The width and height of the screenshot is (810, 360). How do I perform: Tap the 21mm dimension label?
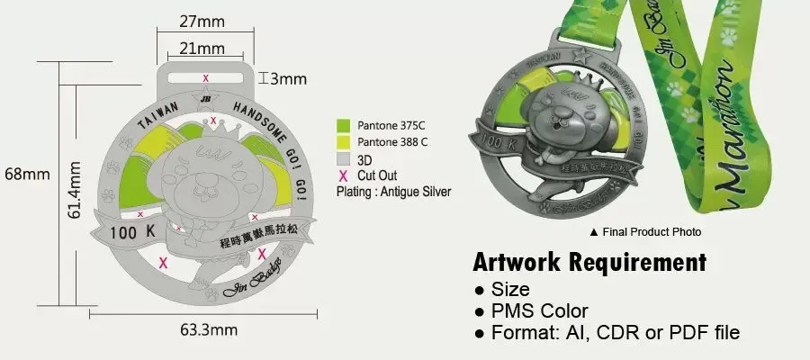pyautogui.click(x=203, y=48)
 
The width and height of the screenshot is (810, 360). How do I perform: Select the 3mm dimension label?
pyautogui.click(x=288, y=78)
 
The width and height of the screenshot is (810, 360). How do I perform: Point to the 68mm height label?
pyautogui.click(x=25, y=174)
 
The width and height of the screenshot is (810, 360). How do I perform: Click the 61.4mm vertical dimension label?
pyautogui.click(x=76, y=190)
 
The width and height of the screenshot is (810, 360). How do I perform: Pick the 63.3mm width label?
pyautogui.click(x=209, y=329)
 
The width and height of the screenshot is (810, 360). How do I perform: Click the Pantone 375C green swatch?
pyautogui.click(x=342, y=125)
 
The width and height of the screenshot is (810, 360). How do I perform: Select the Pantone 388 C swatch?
pyautogui.click(x=342, y=142)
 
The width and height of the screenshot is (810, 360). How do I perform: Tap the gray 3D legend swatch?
pyautogui.click(x=342, y=158)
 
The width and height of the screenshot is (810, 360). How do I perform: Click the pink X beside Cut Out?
pyautogui.click(x=342, y=175)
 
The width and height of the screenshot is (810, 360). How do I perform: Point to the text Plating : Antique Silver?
pyautogui.click(x=393, y=192)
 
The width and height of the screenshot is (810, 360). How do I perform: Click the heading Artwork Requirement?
pyautogui.click(x=589, y=263)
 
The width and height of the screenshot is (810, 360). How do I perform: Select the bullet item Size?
pyautogui.click(x=510, y=290)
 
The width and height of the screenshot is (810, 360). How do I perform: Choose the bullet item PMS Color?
pyautogui.click(x=539, y=311)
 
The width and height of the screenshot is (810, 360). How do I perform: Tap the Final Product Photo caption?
pyautogui.click(x=644, y=231)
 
